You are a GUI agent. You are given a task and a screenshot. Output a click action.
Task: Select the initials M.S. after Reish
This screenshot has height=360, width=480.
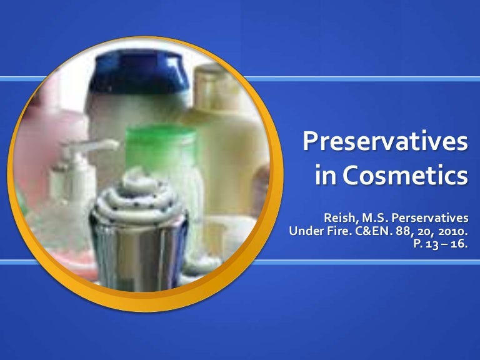pos(377,217)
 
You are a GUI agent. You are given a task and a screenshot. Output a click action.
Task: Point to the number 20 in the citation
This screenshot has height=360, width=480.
pos(426,231)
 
